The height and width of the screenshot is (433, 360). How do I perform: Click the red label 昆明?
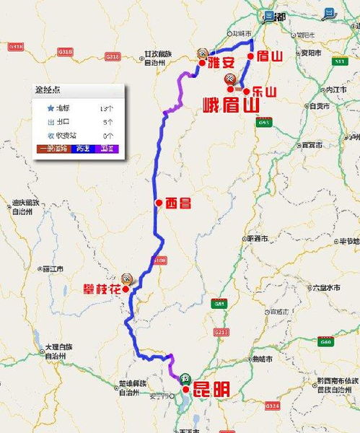tap(211, 390)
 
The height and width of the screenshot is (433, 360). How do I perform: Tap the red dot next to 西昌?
tap(157, 204)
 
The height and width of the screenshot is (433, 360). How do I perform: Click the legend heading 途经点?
tap(48, 91)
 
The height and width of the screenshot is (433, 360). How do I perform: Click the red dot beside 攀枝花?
tap(126, 289)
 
